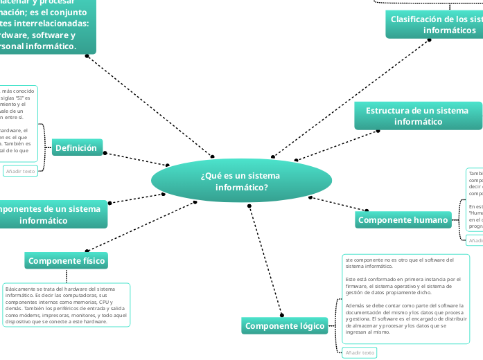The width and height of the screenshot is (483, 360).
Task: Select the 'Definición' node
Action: [x=77, y=147]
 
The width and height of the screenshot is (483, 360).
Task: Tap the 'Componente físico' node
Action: [x=67, y=241]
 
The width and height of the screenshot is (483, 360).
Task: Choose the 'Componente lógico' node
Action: [x=286, y=326]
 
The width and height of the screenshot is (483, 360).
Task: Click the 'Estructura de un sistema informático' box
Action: [x=417, y=116]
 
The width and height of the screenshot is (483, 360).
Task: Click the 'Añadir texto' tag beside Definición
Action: [x=20, y=171]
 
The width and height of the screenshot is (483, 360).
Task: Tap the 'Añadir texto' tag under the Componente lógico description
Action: [x=359, y=352]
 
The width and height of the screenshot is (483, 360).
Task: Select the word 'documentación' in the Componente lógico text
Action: [x=367, y=312]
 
